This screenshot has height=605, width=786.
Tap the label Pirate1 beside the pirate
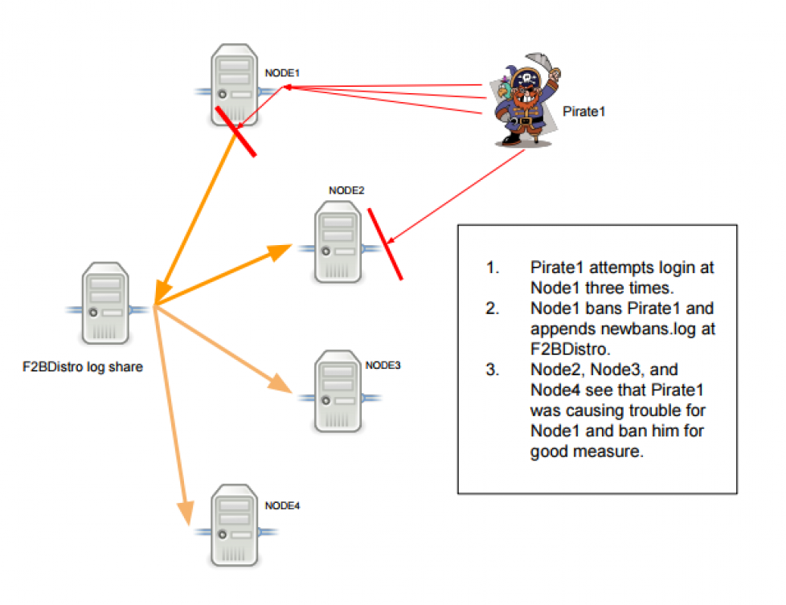coord(584,112)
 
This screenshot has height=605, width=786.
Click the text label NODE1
coord(282,73)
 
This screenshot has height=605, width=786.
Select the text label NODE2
coord(346,190)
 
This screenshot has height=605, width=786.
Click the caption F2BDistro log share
coord(82,368)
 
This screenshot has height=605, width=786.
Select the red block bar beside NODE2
coord(385,243)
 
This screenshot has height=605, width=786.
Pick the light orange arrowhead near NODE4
coord(185,513)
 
